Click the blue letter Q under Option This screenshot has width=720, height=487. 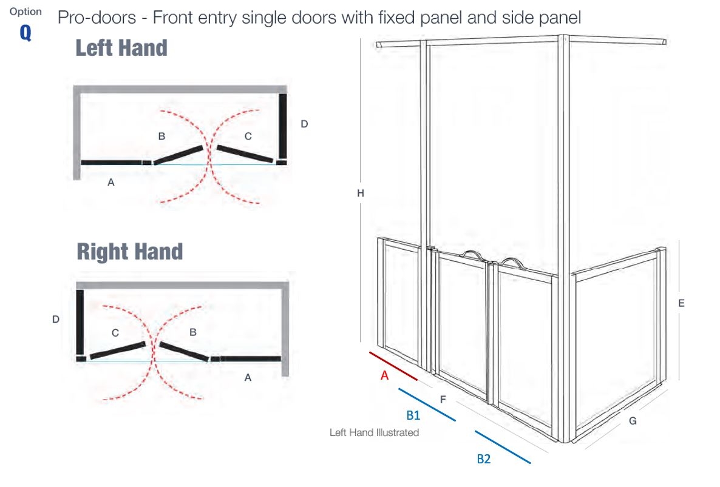point(25,32)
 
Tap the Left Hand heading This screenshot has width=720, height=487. point(121,48)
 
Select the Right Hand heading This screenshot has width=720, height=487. point(129,252)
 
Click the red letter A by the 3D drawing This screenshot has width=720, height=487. point(385,375)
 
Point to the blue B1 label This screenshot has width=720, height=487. point(413,415)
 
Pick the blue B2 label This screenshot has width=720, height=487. point(483,459)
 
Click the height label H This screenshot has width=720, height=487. point(361,193)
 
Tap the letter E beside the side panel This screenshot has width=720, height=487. point(681,303)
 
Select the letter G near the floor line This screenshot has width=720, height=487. point(633,421)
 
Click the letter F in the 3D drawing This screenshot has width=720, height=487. point(443,400)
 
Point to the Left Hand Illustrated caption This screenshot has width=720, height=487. point(374,432)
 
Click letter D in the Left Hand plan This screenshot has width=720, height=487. point(304,124)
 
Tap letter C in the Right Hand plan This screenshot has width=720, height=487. point(115,333)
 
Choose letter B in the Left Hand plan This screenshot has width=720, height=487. point(161,136)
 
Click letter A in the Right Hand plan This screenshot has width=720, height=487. point(248,377)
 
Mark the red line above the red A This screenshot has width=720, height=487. point(393,366)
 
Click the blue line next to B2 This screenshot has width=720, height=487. point(503,447)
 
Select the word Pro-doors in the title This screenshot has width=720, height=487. point(97,18)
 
